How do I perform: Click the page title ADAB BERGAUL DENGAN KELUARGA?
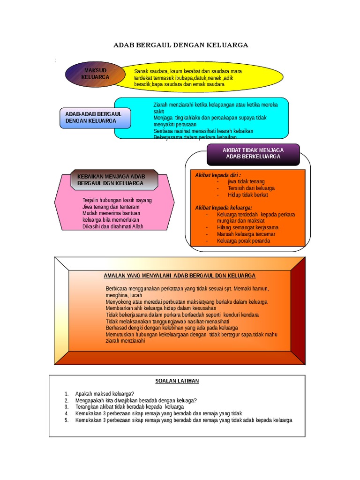[x=180, y=45]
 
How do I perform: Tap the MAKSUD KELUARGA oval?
[x=95, y=74]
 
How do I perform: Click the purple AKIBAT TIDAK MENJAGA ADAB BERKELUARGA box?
[x=253, y=153]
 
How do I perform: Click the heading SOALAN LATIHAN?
[x=177, y=381]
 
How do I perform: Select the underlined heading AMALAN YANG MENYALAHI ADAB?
[x=180, y=276]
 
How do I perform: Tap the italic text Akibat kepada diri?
[x=218, y=175]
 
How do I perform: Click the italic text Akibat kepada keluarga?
[x=224, y=208]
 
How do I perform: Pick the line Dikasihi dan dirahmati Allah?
[x=112, y=226]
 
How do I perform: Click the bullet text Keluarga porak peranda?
[x=243, y=241]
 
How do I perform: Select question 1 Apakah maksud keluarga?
[x=105, y=394]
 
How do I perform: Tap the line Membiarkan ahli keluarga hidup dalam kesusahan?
[x=161, y=308]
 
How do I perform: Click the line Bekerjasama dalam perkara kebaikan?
[x=195, y=137]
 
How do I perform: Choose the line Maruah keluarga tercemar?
[x=246, y=234]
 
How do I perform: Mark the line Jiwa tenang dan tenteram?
[x=111, y=207]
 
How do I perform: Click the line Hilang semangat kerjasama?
[x=247, y=227]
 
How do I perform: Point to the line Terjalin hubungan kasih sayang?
[x=117, y=200]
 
